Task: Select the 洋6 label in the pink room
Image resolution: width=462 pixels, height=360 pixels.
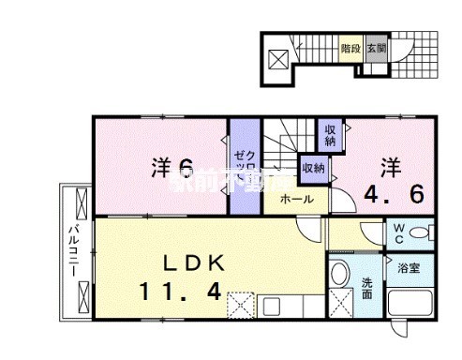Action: (x=173, y=168)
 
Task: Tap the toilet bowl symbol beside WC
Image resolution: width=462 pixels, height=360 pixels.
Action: (x=420, y=232)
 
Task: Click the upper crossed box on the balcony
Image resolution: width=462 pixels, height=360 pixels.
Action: (x=79, y=201)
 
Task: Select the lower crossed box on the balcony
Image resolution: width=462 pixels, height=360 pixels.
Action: (x=79, y=296)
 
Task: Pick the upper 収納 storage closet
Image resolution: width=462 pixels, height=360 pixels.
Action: (x=331, y=135)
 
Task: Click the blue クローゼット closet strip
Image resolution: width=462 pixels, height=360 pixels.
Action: (x=241, y=165)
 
